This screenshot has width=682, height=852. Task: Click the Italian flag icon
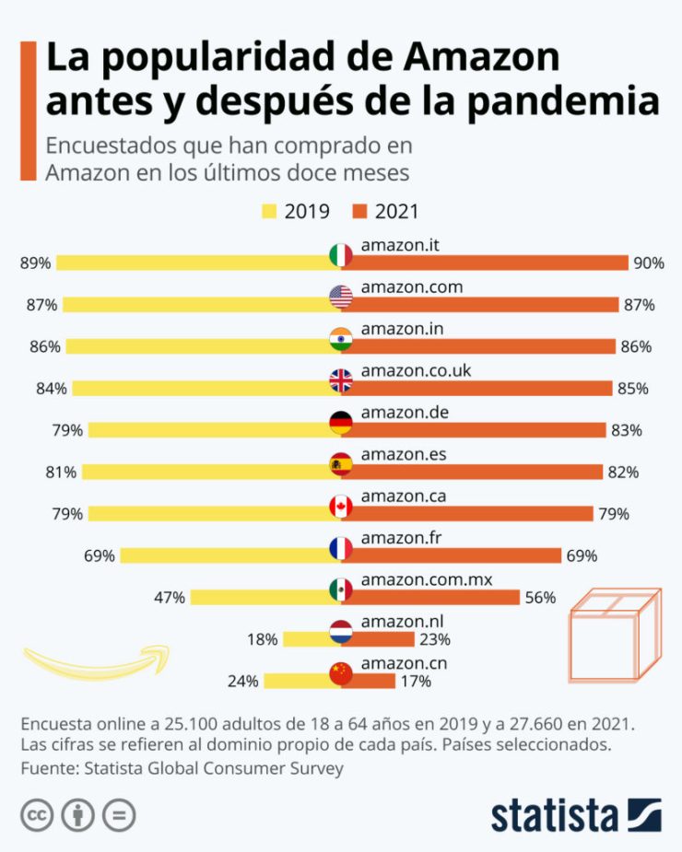pos(341,255)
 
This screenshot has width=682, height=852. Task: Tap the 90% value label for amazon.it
pos(648,263)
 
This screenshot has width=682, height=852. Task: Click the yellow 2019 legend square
pos(269,213)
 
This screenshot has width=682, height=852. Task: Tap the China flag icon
pos(341,674)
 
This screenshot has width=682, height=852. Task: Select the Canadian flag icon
pos(341,507)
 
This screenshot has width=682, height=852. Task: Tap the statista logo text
pos(554,816)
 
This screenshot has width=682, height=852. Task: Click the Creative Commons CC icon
pos(38,816)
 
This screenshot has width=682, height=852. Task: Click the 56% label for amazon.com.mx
pos(540,597)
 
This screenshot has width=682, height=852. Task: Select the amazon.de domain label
pos(405,412)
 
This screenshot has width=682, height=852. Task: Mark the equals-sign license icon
pos(120,816)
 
